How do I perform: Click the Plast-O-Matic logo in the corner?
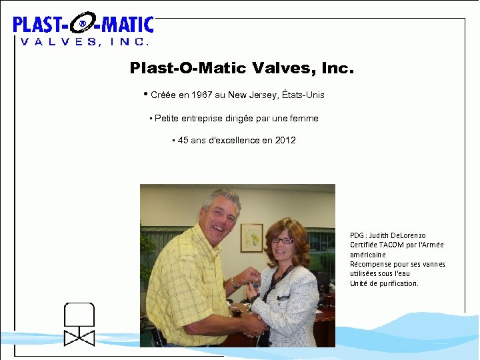click(83, 30)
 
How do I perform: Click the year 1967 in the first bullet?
click(202, 95)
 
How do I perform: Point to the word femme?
click(305, 118)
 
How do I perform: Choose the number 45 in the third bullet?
click(183, 141)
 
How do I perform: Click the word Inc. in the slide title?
click(338, 68)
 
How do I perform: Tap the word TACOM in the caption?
click(393, 245)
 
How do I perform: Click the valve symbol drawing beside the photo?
click(79, 324)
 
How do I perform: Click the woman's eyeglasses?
click(283, 240)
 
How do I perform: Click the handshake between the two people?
click(252, 325)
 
